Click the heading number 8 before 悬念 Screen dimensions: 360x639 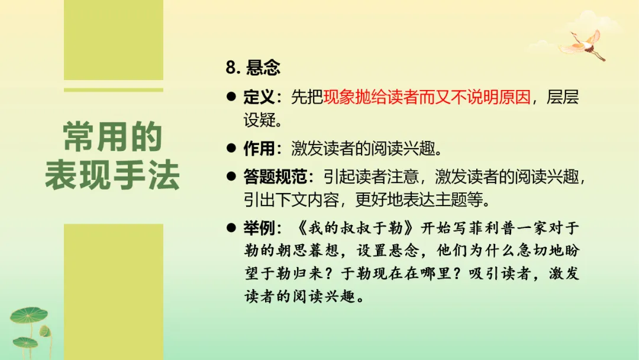231,67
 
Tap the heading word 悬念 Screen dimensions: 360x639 263,67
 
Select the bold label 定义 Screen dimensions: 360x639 259,98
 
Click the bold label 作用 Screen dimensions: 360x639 259,147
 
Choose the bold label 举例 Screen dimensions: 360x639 259,228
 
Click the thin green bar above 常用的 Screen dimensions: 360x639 114,90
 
